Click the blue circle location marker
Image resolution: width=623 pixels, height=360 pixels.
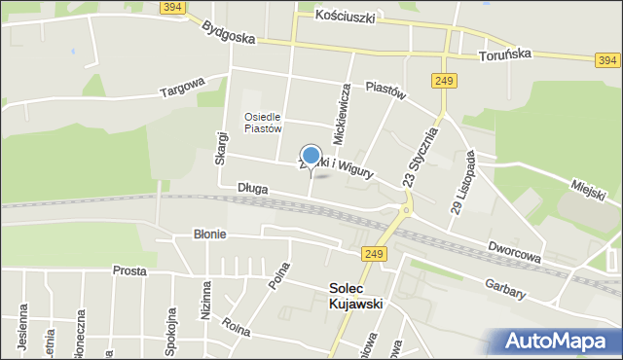click(x=311, y=156)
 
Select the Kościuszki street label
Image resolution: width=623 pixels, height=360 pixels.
click(x=350, y=17)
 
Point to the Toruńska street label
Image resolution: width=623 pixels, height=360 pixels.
click(x=504, y=55)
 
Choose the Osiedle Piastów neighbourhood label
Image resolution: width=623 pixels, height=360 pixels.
click(x=263, y=122)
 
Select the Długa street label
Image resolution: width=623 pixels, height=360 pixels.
click(x=251, y=187)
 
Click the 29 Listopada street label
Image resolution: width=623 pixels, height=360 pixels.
click(x=463, y=181)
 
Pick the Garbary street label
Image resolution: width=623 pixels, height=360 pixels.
click(x=506, y=287)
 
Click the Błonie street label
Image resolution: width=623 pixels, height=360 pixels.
click(x=209, y=234)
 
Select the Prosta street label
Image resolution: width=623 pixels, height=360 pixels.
click(x=129, y=270)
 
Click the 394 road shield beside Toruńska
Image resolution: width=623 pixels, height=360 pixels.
click(x=606, y=60)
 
